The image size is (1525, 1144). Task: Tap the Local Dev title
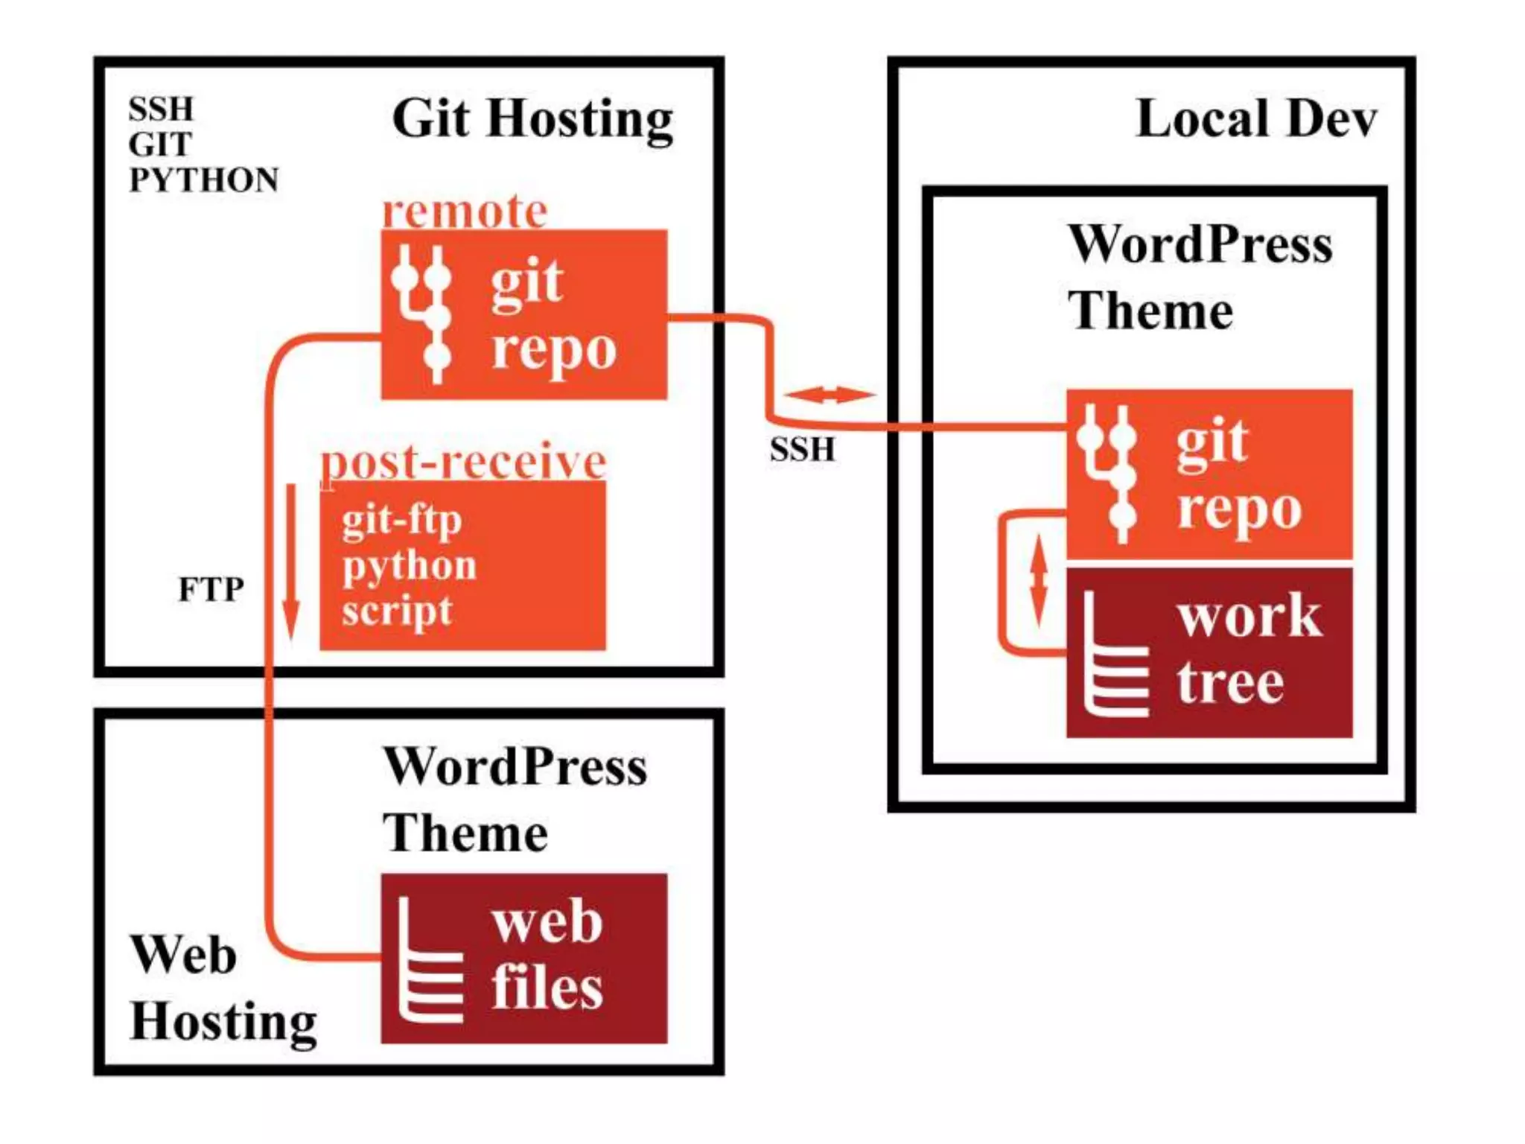pyautogui.click(x=1255, y=119)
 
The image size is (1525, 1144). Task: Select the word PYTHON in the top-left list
pyautogui.click(x=203, y=180)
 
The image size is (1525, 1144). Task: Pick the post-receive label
pyautogui.click(x=463, y=462)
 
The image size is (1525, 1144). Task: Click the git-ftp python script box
pyautogui.click(x=462, y=566)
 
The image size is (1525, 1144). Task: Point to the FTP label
pyautogui.click(x=211, y=590)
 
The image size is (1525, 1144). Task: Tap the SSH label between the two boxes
pyautogui.click(x=802, y=450)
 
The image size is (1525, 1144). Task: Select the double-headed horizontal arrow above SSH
pyautogui.click(x=830, y=395)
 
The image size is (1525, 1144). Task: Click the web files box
pyautogui.click(x=523, y=958)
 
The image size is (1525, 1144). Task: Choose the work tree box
pyautogui.click(x=1209, y=652)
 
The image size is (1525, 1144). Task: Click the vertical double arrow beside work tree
pyautogui.click(x=1039, y=579)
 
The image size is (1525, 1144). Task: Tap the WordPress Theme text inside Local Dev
pyautogui.click(x=1199, y=277)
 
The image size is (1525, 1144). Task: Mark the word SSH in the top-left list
pyautogui.click(x=161, y=109)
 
